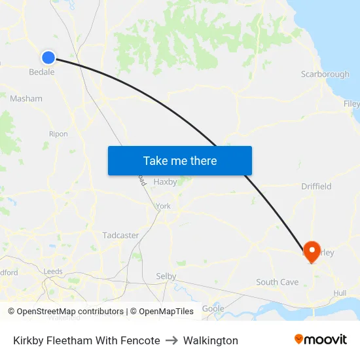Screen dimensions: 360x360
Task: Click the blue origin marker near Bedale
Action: [48, 58]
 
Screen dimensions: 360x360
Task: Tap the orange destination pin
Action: [311, 251]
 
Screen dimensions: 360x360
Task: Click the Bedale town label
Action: [42, 73]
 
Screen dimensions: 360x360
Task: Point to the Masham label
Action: [26, 99]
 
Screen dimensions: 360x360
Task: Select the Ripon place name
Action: [58, 134]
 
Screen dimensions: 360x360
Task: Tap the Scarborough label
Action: [325, 75]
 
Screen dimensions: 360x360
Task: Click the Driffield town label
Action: [316, 187]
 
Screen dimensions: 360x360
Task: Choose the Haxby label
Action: [165, 182]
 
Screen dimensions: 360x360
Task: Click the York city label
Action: [163, 206]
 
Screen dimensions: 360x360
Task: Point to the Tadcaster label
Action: [120, 235]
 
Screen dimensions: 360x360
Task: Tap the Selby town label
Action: [166, 276]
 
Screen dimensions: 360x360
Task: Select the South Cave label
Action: [277, 283]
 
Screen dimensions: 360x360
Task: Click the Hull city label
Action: [340, 293]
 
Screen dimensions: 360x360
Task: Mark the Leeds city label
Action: [53, 272]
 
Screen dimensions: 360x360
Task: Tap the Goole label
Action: [213, 308]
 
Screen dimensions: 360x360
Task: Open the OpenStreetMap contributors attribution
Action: [65, 312]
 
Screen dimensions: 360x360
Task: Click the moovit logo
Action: [321, 340]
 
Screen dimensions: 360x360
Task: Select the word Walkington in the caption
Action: [211, 340]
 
